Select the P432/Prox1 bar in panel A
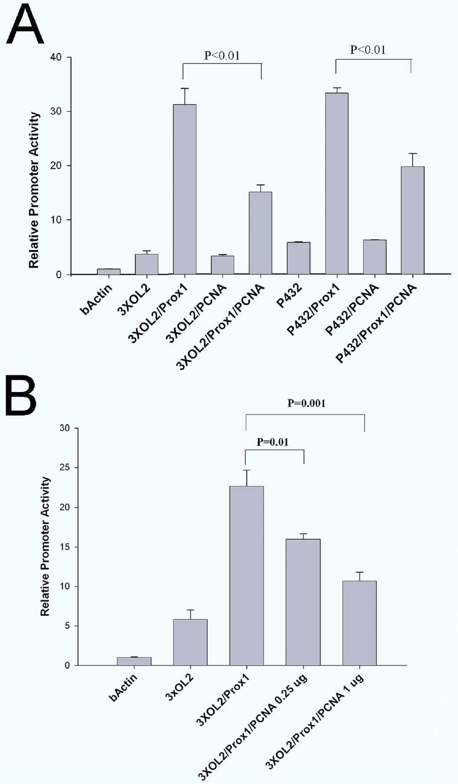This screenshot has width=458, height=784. coord(337,183)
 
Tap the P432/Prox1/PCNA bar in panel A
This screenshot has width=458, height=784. coord(412,220)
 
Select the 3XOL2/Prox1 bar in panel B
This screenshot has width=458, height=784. coord(246,575)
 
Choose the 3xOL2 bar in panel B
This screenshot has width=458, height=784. coord(190,642)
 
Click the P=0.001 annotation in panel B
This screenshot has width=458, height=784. coord(306,403)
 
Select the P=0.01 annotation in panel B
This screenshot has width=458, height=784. coord(273,442)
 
